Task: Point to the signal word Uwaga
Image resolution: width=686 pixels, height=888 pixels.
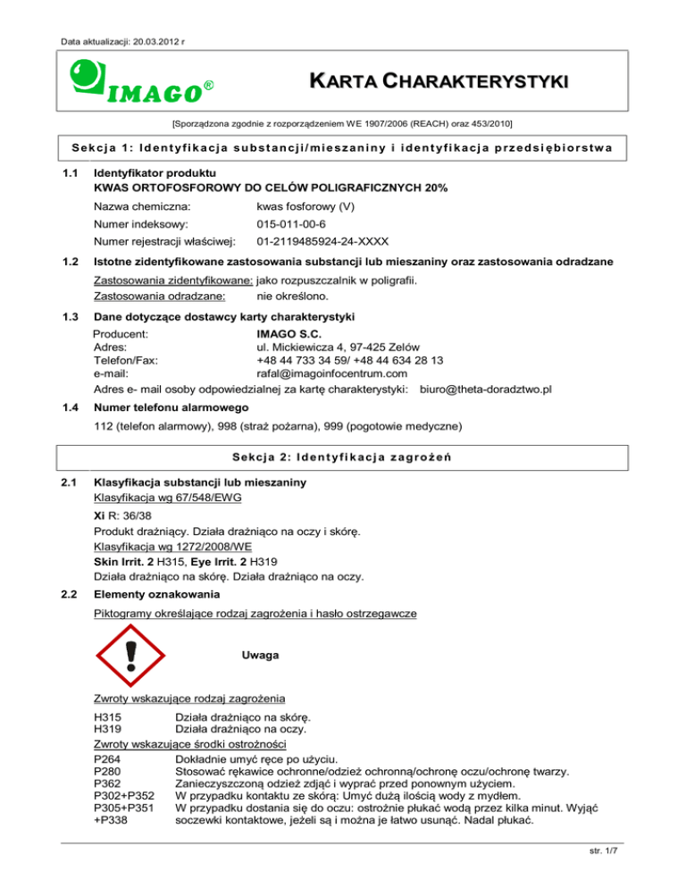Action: coord(261,656)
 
